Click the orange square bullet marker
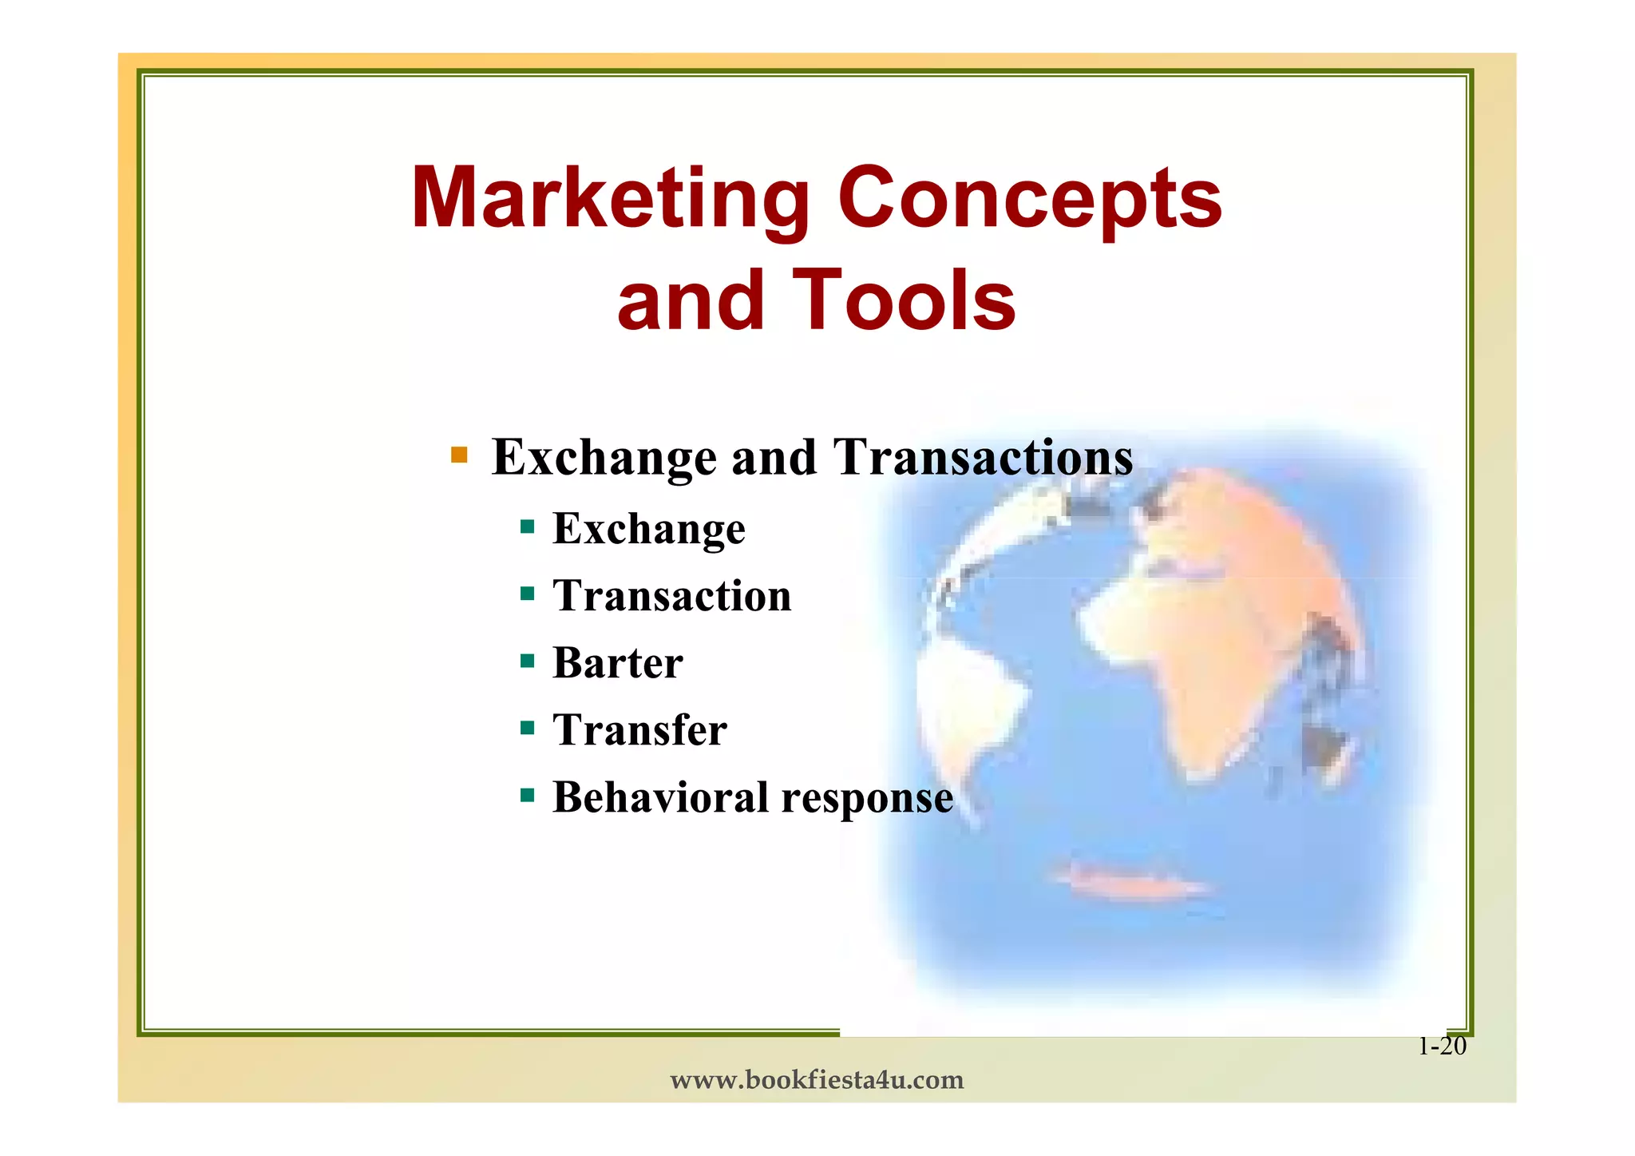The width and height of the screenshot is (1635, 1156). click(459, 455)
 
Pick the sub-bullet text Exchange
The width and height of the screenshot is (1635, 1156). click(649, 529)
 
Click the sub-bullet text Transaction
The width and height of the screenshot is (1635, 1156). click(672, 596)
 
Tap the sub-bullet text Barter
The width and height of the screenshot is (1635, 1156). click(618, 663)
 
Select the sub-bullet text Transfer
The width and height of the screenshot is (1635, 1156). click(639, 730)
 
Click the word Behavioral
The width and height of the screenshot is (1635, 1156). click(660, 797)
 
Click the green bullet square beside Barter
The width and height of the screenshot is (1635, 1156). click(527, 661)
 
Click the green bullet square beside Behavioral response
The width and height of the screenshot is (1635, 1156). click(527, 796)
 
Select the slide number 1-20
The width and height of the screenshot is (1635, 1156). click(1442, 1047)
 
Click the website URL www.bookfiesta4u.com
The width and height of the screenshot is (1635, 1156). click(817, 1080)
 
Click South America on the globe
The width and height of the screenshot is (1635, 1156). click(966, 703)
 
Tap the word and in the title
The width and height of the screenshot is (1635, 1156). click(691, 300)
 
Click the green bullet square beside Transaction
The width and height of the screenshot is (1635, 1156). click(527, 594)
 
